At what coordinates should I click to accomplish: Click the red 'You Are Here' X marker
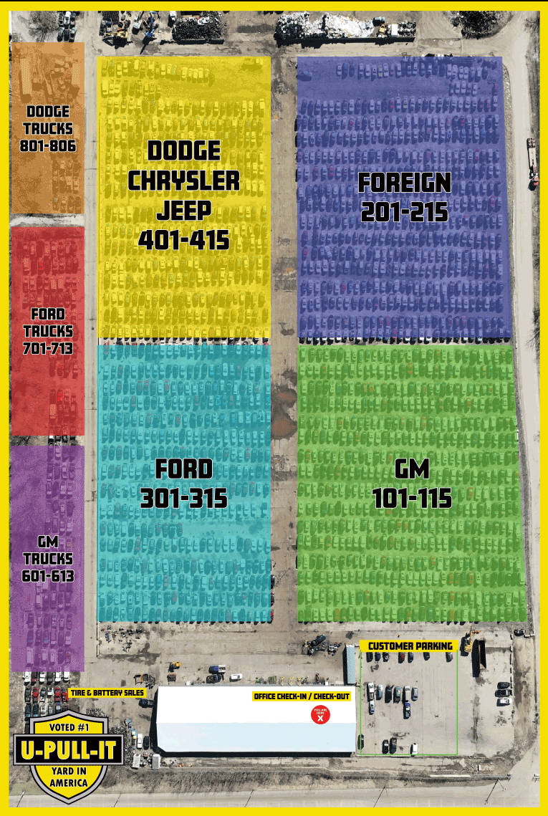[x=320, y=714]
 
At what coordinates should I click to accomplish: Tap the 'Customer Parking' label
[x=410, y=646]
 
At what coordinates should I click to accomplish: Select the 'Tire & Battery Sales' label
[x=107, y=693]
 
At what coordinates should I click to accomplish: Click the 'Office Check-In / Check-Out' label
[x=301, y=696]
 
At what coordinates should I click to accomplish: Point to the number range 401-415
[x=184, y=239]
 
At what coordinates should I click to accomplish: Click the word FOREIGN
[x=405, y=183]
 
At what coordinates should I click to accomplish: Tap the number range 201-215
[x=405, y=212]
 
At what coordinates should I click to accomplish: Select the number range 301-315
[x=184, y=498]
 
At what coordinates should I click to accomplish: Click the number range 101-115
[x=412, y=498]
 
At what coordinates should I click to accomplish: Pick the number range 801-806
[x=48, y=145]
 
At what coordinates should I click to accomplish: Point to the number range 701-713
[x=48, y=348]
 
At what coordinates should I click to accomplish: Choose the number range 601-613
[x=48, y=575]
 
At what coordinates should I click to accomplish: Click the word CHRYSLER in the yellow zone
[x=184, y=181]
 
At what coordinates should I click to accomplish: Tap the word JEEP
[x=184, y=210]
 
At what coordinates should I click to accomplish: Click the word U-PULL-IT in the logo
[x=69, y=751]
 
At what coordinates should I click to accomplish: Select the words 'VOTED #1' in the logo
[x=69, y=728]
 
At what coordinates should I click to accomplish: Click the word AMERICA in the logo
[x=69, y=783]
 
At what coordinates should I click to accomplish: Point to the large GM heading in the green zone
[x=412, y=469]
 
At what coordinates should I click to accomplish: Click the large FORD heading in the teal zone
[x=184, y=469]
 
